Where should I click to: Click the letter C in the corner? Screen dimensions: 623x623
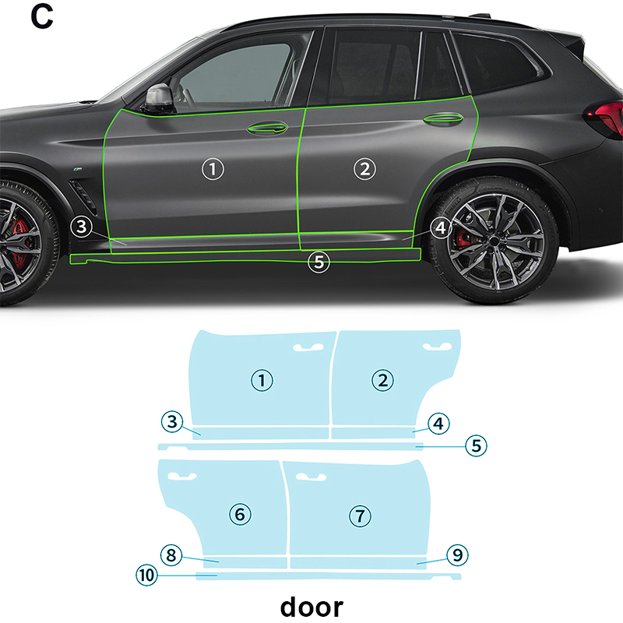[x=42, y=16]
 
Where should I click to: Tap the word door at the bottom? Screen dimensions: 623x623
[x=311, y=607]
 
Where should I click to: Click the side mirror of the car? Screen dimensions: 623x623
[x=160, y=98]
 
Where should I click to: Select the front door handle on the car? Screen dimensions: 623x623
[x=267, y=128]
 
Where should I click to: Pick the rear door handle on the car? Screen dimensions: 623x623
[x=443, y=118]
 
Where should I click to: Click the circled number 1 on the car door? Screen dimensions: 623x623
[x=213, y=169]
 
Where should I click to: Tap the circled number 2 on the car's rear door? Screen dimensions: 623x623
[x=364, y=169]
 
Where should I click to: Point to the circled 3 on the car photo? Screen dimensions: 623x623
[x=82, y=227]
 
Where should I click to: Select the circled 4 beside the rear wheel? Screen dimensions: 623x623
[x=441, y=227]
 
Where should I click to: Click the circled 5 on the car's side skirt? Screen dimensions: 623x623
[x=319, y=262]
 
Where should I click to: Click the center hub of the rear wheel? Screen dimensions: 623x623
[x=494, y=241]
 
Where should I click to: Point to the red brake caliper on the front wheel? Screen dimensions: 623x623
[x=20, y=241]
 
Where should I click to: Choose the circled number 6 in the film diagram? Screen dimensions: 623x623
[x=241, y=514]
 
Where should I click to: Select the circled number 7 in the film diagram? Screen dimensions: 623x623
[x=360, y=516]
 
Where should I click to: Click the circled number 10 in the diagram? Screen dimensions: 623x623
[x=147, y=575]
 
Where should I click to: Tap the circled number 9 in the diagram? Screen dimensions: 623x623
[x=457, y=554]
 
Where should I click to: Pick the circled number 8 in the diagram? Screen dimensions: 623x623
[x=171, y=555]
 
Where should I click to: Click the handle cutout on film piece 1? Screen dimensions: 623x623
[x=308, y=347]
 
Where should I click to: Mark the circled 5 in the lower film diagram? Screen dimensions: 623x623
[x=476, y=445]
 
